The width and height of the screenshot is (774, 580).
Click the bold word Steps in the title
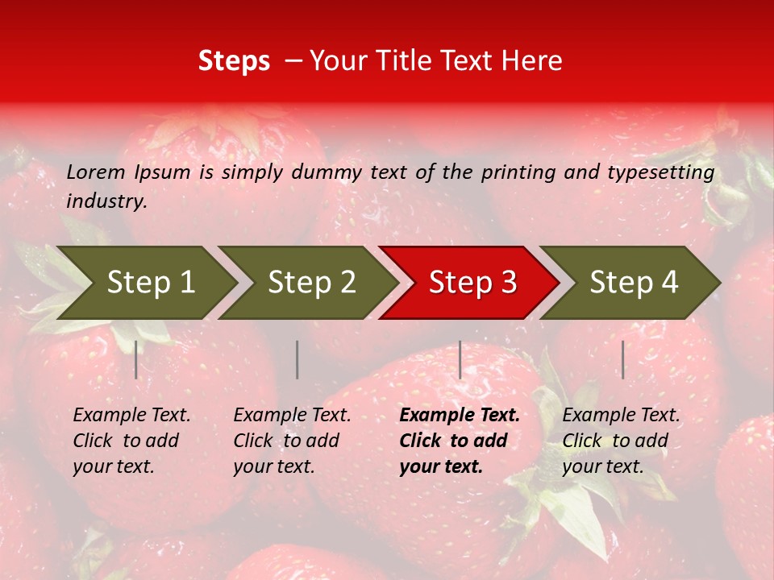[234, 61]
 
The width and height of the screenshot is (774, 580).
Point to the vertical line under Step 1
[136, 359]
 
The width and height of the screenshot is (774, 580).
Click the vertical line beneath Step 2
[298, 359]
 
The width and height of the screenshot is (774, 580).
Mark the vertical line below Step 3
[460, 359]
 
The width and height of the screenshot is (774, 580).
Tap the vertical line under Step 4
[623, 359]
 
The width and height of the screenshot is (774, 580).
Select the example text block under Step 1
[131, 441]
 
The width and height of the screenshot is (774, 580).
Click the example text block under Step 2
[292, 441]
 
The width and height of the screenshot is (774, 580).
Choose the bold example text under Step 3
[460, 441]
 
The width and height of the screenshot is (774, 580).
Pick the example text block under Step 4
[621, 441]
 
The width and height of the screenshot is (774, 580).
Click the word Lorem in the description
[96, 172]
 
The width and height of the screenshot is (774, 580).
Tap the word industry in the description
[106, 201]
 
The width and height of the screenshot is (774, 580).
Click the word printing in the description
[515, 172]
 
